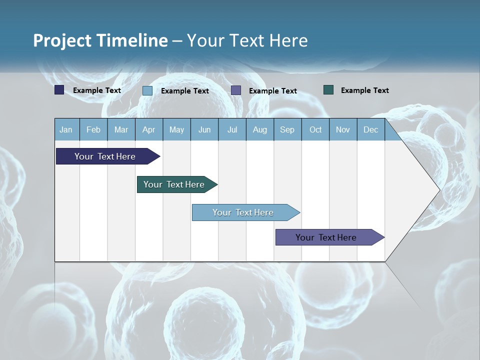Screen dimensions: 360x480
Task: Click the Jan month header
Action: (x=66, y=130)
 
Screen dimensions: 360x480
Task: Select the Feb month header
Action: (x=93, y=130)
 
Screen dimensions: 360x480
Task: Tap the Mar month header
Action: (x=121, y=130)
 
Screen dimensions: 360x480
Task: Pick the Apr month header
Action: (x=149, y=130)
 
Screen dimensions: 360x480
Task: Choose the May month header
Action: (x=176, y=130)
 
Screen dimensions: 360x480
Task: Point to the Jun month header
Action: (x=204, y=130)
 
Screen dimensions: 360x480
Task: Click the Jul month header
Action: (x=232, y=130)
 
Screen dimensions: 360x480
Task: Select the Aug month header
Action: (x=260, y=130)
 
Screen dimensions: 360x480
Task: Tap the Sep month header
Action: (x=287, y=130)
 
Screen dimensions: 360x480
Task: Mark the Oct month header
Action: (x=315, y=130)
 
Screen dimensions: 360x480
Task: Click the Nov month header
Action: (x=343, y=130)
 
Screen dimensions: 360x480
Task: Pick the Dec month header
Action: (x=371, y=130)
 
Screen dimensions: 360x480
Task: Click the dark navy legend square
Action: (x=59, y=90)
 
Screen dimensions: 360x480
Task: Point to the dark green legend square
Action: (x=328, y=90)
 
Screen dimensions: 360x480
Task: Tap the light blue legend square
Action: (x=147, y=90)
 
